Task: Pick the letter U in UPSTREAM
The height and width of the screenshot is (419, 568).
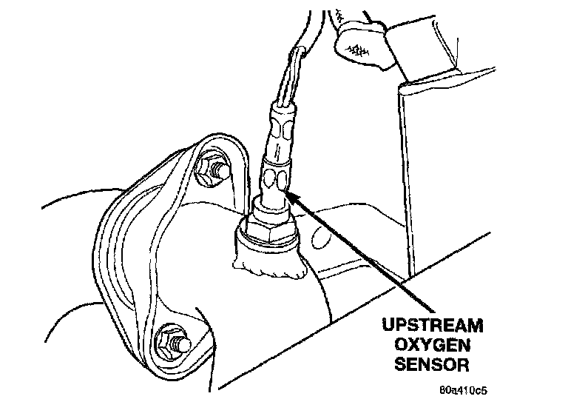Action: [388, 326]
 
